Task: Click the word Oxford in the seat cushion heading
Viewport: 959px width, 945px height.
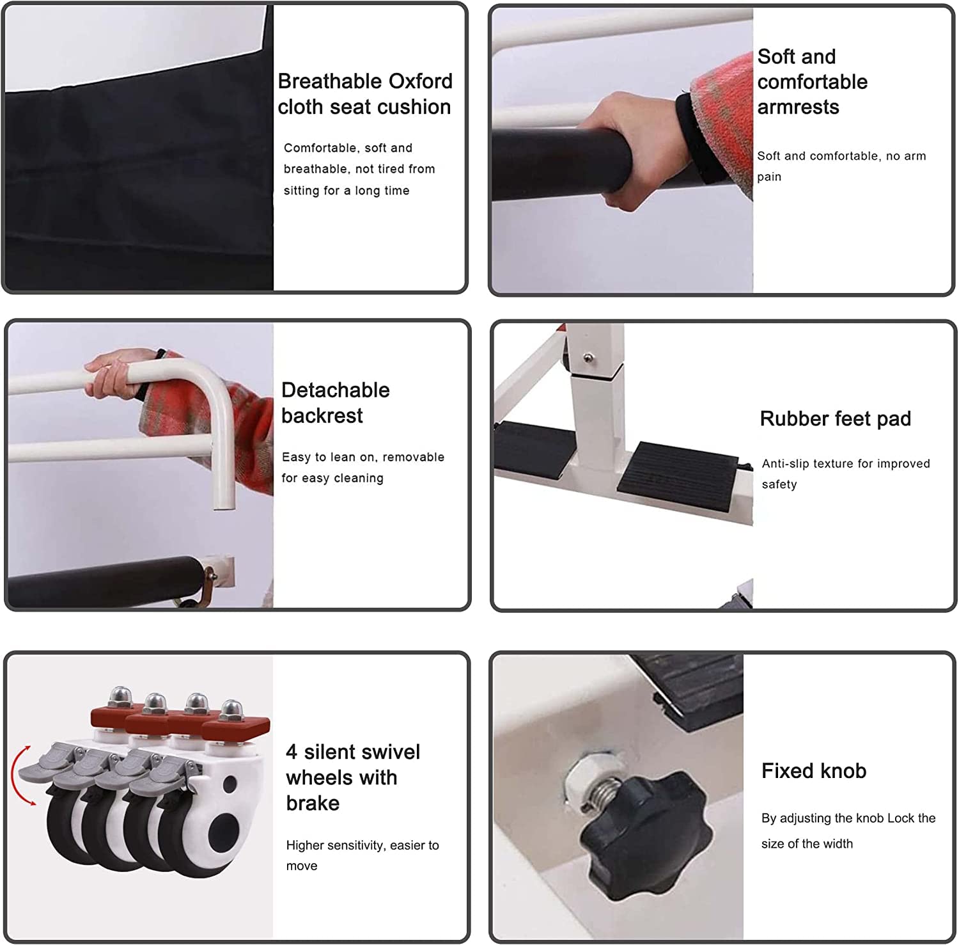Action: coord(421,81)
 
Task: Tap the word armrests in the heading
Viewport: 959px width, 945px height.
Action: coord(798,107)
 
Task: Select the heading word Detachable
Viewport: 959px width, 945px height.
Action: coord(336,390)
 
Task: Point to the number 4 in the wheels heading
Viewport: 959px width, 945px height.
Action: coord(292,752)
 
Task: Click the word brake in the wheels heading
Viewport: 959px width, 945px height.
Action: coord(313,803)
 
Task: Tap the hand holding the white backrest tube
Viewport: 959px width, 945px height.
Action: coord(115,374)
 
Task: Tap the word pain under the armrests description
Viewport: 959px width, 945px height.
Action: coord(769,177)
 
